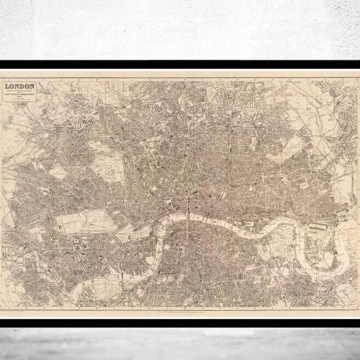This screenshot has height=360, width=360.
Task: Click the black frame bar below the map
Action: pyautogui.click(x=180, y=322)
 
